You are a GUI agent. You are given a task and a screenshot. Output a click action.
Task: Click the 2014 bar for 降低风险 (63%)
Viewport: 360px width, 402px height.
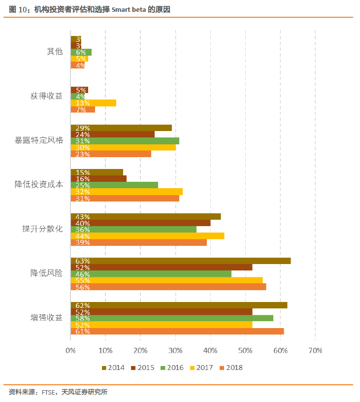tap(180, 261)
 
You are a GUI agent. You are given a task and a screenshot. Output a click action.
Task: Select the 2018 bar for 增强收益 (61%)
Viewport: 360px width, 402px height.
tap(177, 331)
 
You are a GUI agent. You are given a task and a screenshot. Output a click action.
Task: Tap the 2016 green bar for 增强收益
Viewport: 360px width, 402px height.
tap(172, 318)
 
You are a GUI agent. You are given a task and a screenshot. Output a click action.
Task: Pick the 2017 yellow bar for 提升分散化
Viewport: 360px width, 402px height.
tap(147, 235)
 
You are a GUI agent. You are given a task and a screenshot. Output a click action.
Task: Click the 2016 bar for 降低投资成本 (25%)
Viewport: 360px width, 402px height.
tap(114, 185)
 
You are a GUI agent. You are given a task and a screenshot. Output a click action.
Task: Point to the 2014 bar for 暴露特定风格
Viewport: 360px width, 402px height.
tap(121, 128)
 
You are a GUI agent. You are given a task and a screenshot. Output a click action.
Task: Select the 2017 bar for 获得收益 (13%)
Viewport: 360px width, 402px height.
tap(94, 103)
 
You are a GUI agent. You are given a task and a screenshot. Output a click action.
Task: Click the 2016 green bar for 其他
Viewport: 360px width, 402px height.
tap(81, 52)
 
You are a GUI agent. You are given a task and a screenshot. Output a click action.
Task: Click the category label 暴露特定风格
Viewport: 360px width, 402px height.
tap(39, 140)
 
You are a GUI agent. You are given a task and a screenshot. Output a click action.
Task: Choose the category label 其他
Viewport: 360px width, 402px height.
tap(55, 51)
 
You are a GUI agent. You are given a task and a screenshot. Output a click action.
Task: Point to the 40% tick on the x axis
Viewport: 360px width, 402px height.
tap(210, 351)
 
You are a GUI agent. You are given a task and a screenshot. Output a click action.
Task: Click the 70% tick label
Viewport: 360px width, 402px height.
tap(315, 351)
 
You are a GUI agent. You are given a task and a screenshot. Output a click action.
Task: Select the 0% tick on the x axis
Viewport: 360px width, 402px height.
tap(71, 351)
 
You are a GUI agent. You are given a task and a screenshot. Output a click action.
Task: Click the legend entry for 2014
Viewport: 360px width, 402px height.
tap(113, 368)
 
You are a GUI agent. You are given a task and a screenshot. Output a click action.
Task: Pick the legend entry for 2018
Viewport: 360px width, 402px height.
tap(231, 368)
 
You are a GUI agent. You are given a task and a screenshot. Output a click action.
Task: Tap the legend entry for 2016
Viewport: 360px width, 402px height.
tap(172, 368)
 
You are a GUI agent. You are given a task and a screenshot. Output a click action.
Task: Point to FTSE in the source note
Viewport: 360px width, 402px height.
tap(48, 393)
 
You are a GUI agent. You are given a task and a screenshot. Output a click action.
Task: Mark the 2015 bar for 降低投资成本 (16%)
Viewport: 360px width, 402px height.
tap(98, 178)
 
